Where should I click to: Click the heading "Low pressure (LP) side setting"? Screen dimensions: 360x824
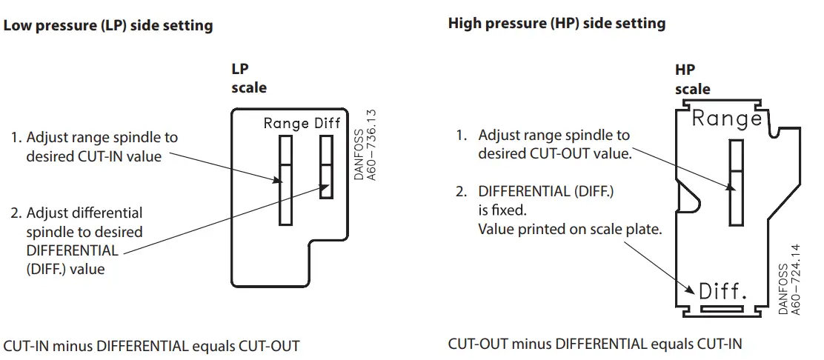click(x=108, y=26)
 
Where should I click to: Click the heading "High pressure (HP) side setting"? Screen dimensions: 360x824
click(x=556, y=24)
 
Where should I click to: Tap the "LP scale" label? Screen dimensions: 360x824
click(x=249, y=79)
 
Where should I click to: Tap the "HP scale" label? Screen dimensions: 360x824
click(x=692, y=80)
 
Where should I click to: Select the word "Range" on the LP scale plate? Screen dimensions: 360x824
click(x=286, y=124)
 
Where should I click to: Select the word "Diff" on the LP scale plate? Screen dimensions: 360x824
click(x=327, y=124)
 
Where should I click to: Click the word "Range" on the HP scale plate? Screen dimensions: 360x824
click(x=726, y=119)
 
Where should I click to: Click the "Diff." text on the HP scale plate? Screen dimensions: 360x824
click(x=722, y=291)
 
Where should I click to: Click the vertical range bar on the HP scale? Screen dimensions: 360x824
click(x=736, y=182)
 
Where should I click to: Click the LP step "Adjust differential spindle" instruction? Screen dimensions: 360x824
click(x=76, y=241)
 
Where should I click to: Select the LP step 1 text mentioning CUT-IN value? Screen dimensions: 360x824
click(x=94, y=147)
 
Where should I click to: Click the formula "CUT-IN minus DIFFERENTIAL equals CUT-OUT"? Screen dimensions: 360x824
click(x=152, y=346)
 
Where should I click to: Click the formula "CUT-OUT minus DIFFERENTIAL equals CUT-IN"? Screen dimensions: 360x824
click(x=595, y=344)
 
